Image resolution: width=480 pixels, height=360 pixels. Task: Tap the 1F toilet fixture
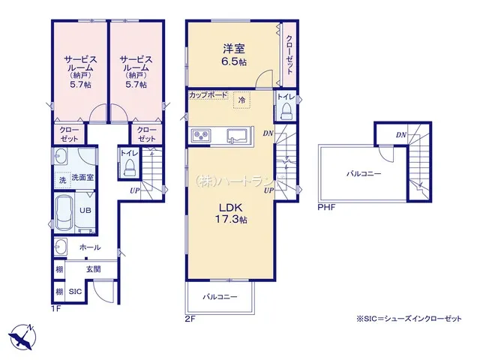pyautogui.click(x=128, y=167)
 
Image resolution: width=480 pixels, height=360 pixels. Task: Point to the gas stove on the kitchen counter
pyautogui.click(x=201, y=135)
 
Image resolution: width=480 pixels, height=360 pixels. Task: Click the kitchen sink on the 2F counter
pyautogui.click(x=237, y=135)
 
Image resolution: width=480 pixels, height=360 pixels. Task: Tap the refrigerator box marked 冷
pyautogui.click(x=241, y=100)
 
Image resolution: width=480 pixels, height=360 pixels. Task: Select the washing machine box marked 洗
pyautogui.click(x=63, y=180)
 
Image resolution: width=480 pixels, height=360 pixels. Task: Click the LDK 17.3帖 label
pyautogui.click(x=231, y=213)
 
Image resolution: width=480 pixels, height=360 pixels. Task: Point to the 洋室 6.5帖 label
pyautogui.click(x=234, y=55)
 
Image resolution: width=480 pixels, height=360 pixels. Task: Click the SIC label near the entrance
pyautogui.click(x=75, y=292)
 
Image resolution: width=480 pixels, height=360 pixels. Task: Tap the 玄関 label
pyautogui.click(x=93, y=269)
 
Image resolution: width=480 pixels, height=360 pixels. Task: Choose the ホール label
pyautogui.click(x=90, y=247)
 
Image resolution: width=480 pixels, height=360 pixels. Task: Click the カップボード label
pyautogui.click(x=208, y=95)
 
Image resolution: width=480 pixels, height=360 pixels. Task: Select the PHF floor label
pyautogui.click(x=326, y=207)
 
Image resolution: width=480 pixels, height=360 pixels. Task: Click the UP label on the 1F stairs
pyautogui.click(x=135, y=190)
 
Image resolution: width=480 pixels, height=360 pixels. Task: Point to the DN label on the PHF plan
pyautogui.click(x=401, y=135)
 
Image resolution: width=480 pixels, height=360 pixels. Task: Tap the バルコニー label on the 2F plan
pyautogui.click(x=220, y=297)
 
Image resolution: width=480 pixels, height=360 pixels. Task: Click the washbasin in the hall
pyautogui.click(x=61, y=247)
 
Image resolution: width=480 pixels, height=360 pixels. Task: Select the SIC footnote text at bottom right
pyautogui.click(x=409, y=319)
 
